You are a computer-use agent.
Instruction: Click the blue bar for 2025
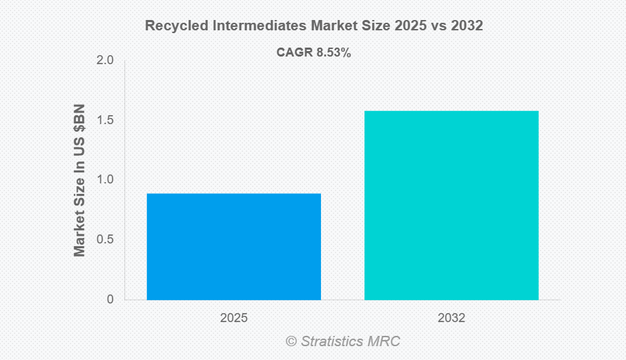pos(233,247)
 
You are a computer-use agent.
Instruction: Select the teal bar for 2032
pos(451,206)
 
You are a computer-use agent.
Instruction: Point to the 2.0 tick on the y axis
pos(105,61)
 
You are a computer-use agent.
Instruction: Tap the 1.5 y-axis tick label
pos(105,121)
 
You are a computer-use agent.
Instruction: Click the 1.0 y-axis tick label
pos(105,180)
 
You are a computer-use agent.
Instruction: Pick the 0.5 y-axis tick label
pos(105,240)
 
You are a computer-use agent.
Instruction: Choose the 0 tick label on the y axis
pos(110,300)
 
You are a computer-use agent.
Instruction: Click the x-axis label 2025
pos(233,319)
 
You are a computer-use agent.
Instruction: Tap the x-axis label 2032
pos(451,319)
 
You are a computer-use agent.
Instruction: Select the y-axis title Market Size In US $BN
pos(80,180)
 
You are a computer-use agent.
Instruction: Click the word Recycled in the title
pos(172,26)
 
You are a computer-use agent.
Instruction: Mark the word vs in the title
pos(440,26)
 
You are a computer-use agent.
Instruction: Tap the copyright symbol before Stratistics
pos(291,341)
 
